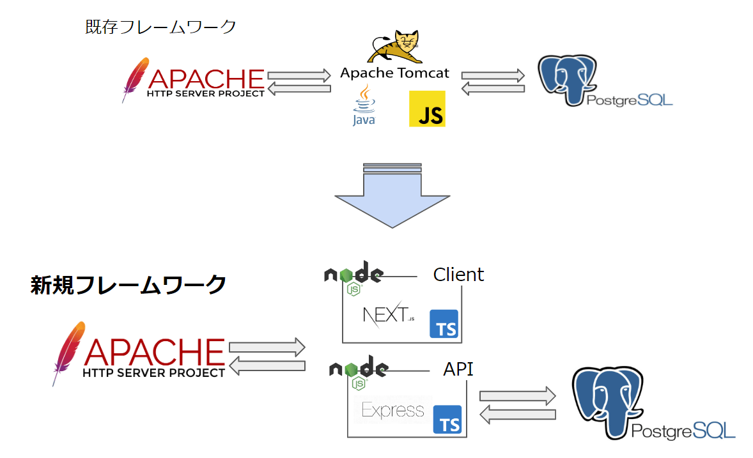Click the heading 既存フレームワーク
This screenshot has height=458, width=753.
pos(160,27)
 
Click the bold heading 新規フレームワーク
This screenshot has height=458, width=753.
pos(128,284)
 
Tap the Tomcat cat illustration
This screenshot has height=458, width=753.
pos(395,47)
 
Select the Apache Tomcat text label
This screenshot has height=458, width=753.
pos(394,73)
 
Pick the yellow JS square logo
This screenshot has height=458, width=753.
pos(427,109)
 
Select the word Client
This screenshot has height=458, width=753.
pos(458,275)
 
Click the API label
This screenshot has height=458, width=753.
pos(458,369)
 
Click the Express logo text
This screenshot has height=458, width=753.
pos(392,409)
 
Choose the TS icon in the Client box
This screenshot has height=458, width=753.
pos(444,324)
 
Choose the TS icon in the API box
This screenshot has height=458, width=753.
pos(447,419)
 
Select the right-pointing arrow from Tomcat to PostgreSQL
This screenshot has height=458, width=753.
pos(493,75)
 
